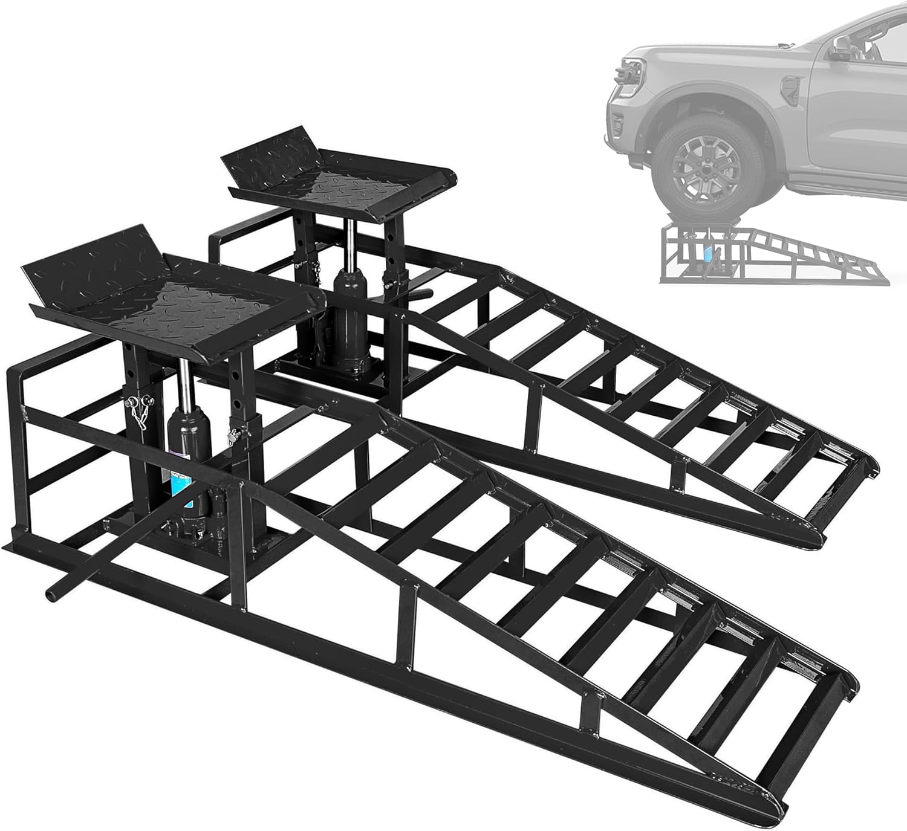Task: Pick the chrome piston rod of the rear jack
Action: click(x=350, y=242)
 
